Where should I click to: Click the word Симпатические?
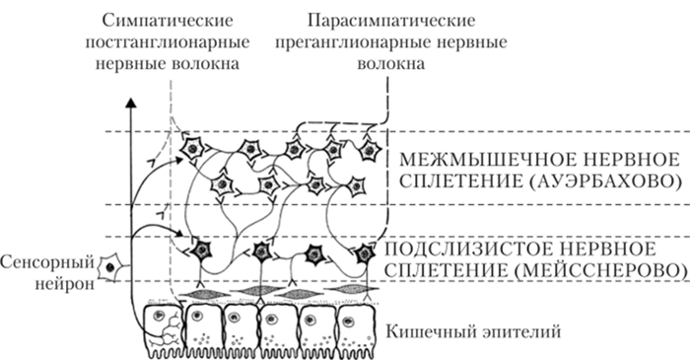[172, 22]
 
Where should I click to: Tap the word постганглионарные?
[172, 44]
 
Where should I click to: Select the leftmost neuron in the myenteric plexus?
[193, 147]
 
